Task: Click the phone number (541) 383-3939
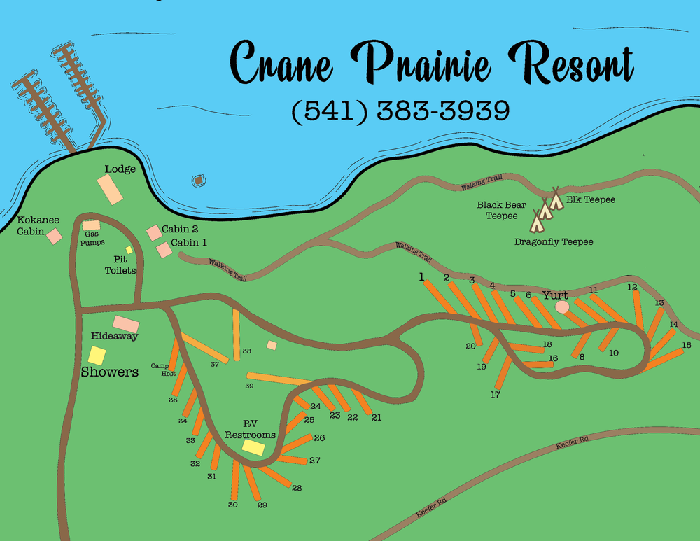[x=400, y=111]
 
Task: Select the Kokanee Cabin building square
[x=54, y=237]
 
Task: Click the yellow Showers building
[x=97, y=356]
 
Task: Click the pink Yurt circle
[x=562, y=307]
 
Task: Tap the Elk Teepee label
[x=591, y=200]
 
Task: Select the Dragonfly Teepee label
[x=554, y=242]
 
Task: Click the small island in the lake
[x=198, y=181]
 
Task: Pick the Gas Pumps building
[x=92, y=226]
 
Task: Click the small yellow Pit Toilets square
[x=129, y=250]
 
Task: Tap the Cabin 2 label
[x=180, y=229]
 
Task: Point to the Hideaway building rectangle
[x=126, y=324]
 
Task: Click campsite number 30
[x=233, y=505]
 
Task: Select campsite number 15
[x=686, y=345]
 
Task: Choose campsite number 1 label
[x=422, y=276]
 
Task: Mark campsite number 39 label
[x=248, y=386]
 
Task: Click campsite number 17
[x=496, y=395]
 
